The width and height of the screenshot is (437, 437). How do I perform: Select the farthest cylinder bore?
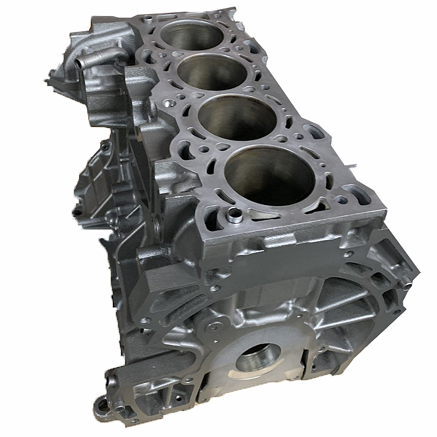(193, 34)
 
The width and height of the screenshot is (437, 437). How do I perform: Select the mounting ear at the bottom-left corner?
(102, 403)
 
